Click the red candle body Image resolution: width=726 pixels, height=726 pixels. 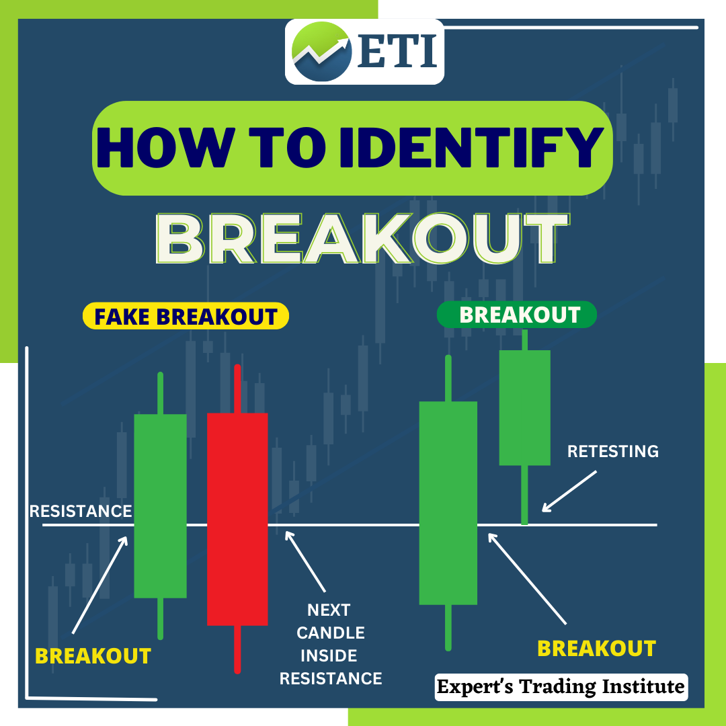237,519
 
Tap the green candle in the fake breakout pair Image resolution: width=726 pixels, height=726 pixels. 160,506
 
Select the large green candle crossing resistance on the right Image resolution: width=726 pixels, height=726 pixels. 448,503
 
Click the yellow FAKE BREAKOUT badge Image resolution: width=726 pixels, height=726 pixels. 186,317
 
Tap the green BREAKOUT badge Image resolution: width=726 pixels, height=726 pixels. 517,315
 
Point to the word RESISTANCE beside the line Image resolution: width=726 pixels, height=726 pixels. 81,511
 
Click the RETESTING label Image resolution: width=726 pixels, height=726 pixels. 612,451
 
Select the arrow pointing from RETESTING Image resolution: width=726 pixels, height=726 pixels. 569,491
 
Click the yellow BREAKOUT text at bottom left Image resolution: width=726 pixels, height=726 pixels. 93,655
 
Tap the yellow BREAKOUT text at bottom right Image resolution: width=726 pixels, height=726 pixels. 596,648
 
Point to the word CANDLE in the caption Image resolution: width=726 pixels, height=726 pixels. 331,633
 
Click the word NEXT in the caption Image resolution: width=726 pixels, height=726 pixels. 329,610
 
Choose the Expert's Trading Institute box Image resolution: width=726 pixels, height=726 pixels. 561,687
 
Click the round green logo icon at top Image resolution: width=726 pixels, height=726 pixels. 322,51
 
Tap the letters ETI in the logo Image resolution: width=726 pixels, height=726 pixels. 397,51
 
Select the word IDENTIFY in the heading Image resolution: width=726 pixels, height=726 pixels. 471,147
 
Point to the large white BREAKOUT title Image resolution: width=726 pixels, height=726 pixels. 362,239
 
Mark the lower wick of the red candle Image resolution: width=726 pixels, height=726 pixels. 237,649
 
